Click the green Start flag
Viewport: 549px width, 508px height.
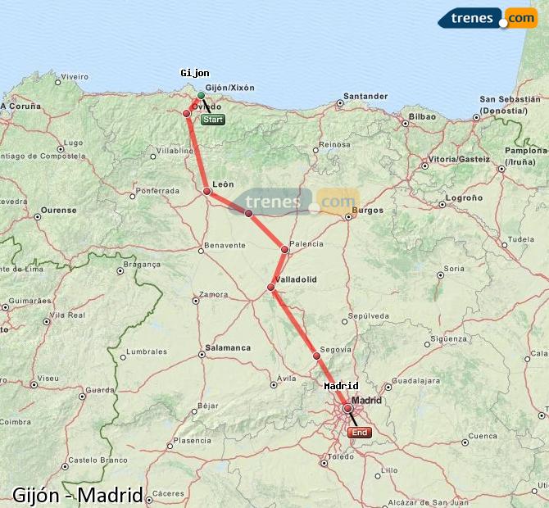[212, 120]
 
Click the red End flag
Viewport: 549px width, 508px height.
[359, 433]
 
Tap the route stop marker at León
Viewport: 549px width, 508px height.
[207, 191]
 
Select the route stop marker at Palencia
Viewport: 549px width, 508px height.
[285, 249]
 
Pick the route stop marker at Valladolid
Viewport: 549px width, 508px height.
[271, 287]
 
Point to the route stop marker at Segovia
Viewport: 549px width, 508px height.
[316, 356]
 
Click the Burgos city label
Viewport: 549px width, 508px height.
[366, 210]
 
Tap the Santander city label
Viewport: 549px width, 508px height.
[365, 97]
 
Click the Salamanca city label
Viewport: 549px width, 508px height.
[228, 347]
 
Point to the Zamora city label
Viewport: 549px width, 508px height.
[214, 294]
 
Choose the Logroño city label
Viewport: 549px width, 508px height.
[465, 197]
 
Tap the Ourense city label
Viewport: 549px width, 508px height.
[58, 210]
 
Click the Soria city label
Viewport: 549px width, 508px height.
[453, 268]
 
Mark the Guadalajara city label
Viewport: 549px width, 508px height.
[417, 380]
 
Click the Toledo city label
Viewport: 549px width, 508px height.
[340, 456]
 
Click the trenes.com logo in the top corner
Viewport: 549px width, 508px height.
[488, 17]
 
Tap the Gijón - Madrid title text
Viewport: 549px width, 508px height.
[78, 495]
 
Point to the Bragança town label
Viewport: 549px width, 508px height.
[142, 264]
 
